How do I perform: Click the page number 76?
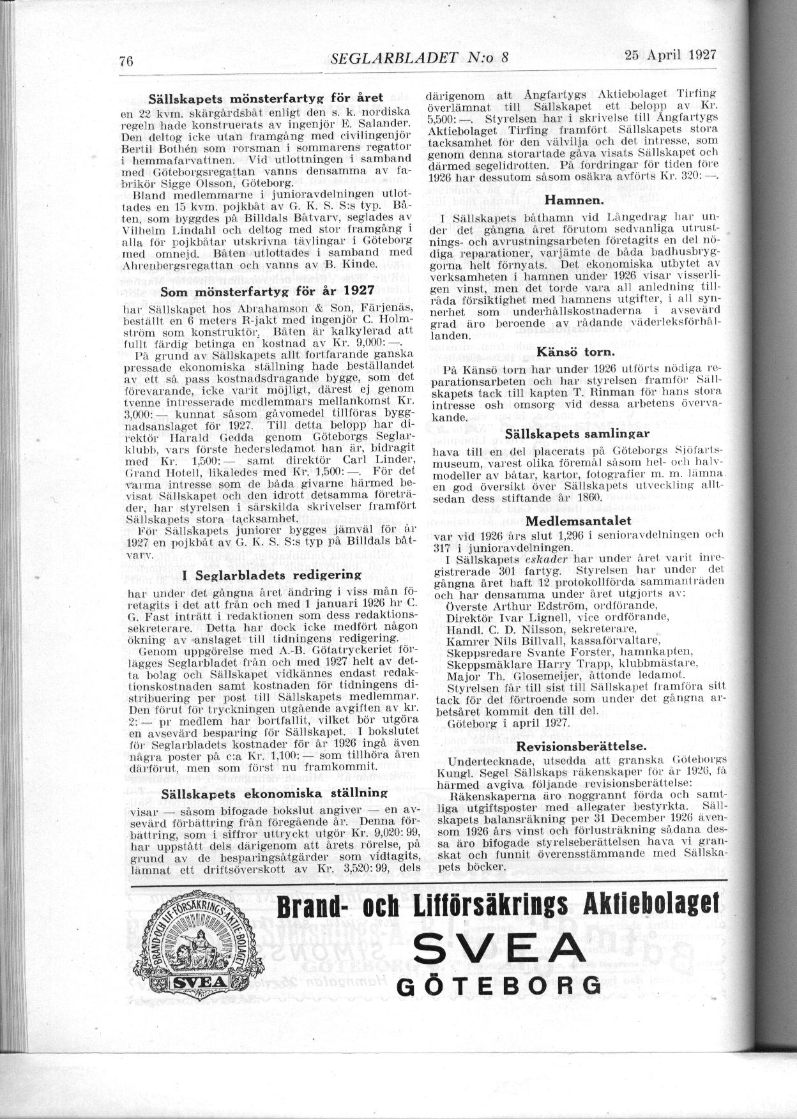tap(125, 61)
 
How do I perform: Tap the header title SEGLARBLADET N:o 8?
tap(420, 58)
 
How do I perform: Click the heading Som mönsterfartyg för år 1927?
tap(267, 291)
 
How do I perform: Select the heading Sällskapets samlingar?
tap(577, 434)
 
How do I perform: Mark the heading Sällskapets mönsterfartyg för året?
tap(265, 99)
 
